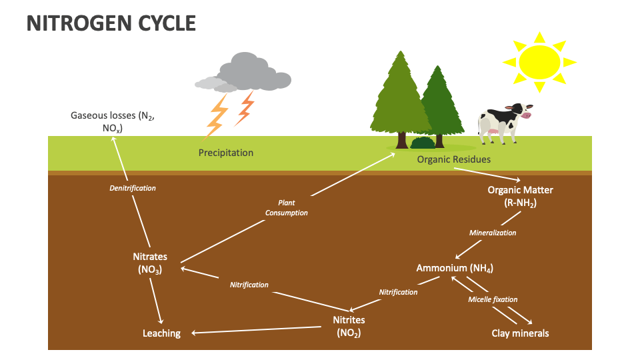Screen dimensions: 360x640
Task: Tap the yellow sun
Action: [x=539, y=61]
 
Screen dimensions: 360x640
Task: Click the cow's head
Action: [x=518, y=111]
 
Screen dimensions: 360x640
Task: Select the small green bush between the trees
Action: [x=423, y=142]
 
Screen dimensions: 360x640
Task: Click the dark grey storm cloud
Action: [x=257, y=72]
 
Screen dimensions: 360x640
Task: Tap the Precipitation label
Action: [x=226, y=153]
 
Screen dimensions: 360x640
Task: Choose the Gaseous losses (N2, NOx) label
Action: [x=113, y=121]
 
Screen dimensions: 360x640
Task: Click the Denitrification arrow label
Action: [x=133, y=188]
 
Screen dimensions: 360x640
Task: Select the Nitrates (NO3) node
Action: [x=150, y=263]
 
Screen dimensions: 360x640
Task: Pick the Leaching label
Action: [x=161, y=333]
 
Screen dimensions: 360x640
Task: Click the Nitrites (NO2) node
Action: [x=349, y=327]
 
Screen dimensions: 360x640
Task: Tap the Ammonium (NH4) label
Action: [x=454, y=268]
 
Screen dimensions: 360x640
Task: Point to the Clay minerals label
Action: [x=520, y=333]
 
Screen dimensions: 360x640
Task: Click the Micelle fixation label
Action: [x=493, y=299]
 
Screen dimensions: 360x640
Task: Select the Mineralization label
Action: [x=493, y=233]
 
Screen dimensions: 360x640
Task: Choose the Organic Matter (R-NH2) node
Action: [x=520, y=196]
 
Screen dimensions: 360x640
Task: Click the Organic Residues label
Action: [x=453, y=159]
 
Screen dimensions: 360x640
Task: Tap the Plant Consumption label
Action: [x=287, y=207]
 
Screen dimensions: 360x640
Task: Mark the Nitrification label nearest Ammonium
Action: [x=398, y=292]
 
